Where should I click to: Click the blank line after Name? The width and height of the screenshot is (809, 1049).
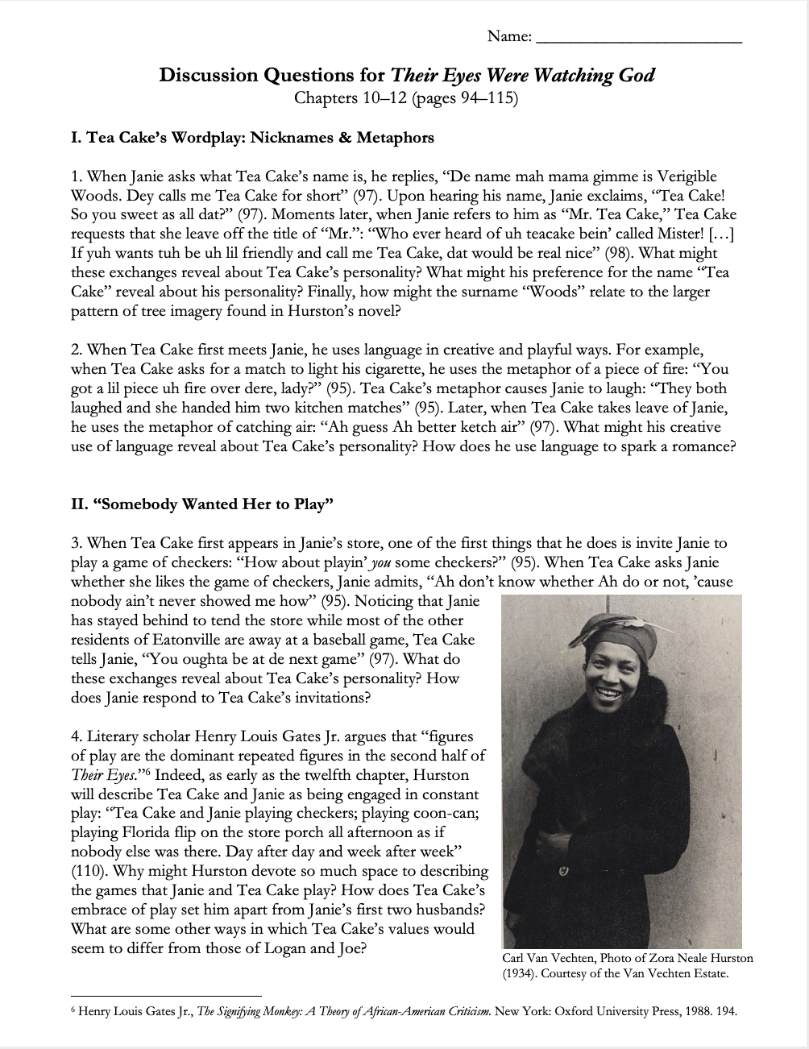pyautogui.click(x=638, y=39)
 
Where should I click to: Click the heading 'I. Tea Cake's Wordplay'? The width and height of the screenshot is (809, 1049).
pyautogui.click(x=252, y=138)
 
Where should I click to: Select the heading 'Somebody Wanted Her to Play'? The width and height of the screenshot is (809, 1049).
pyautogui.click(x=202, y=505)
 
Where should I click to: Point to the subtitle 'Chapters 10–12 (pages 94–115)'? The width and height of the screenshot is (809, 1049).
pyautogui.click(x=405, y=99)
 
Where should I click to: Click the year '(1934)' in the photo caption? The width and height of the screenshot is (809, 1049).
pyautogui.click(x=523, y=973)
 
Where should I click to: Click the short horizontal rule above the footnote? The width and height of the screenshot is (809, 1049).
pyautogui.click(x=166, y=996)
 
